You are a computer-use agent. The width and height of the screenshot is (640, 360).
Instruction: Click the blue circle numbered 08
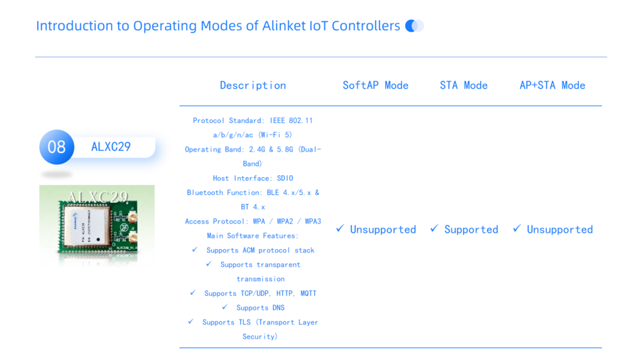click(x=57, y=147)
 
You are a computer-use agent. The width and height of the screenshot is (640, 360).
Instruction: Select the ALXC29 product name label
click(x=111, y=147)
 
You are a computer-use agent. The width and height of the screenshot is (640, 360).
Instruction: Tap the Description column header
click(x=253, y=85)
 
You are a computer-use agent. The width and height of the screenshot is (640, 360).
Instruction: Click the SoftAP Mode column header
click(x=375, y=85)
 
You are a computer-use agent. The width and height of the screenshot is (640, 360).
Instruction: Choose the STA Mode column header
click(x=464, y=85)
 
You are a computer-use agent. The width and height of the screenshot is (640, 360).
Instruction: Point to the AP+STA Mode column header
click(x=553, y=85)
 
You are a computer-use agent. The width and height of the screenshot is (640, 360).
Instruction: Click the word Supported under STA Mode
click(x=471, y=229)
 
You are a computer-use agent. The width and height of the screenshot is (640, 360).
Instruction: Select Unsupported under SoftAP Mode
click(x=383, y=229)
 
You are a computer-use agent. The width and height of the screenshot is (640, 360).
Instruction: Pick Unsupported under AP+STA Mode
click(x=560, y=229)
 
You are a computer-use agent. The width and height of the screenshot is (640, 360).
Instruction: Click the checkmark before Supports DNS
click(x=225, y=307)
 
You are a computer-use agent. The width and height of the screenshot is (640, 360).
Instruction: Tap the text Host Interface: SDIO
click(x=253, y=179)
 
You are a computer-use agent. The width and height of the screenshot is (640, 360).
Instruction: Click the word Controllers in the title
click(x=366, y=26)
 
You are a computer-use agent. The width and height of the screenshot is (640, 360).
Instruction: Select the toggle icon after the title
click(x=415, y=26)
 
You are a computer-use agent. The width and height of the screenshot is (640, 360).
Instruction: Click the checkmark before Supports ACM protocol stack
click(x=195, y=250)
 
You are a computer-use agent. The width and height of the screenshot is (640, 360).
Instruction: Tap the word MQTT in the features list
click(x=308, y=293)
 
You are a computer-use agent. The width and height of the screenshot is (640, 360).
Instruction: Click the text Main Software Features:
click(x=252, y=236)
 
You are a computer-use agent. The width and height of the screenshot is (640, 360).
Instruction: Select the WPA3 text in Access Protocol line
click(x=313, y=221)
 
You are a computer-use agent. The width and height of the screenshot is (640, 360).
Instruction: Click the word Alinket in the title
click(x=283, y=26)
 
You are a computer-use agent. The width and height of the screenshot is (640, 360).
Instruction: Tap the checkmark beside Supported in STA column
click(x=434, y=228)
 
